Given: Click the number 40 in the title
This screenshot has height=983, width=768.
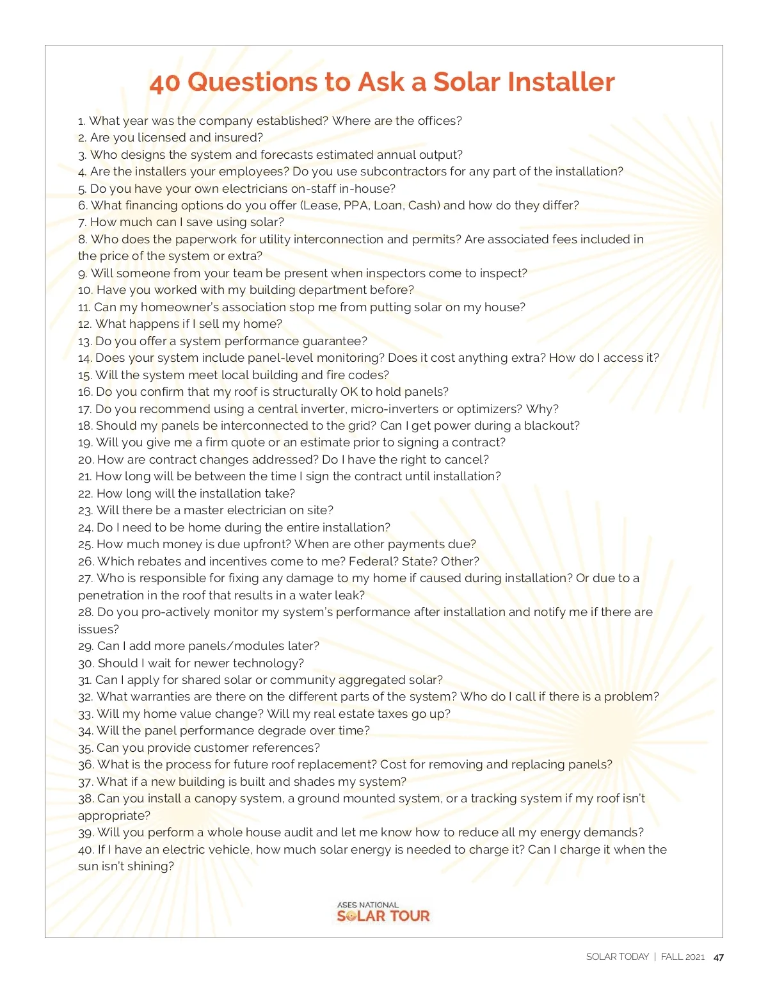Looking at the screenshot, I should (164, 83).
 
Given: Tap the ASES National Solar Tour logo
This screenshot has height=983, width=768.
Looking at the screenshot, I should (383, 913).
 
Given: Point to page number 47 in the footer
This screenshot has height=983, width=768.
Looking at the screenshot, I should (718, 957).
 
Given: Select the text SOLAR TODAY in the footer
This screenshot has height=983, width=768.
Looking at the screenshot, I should (617, 957).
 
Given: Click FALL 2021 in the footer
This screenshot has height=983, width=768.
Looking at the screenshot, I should (682, 957).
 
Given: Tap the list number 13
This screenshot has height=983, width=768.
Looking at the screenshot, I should (85, 341).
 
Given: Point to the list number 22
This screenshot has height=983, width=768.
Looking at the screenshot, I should (86, 494).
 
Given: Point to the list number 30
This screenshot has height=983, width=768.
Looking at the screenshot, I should (86, 663).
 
